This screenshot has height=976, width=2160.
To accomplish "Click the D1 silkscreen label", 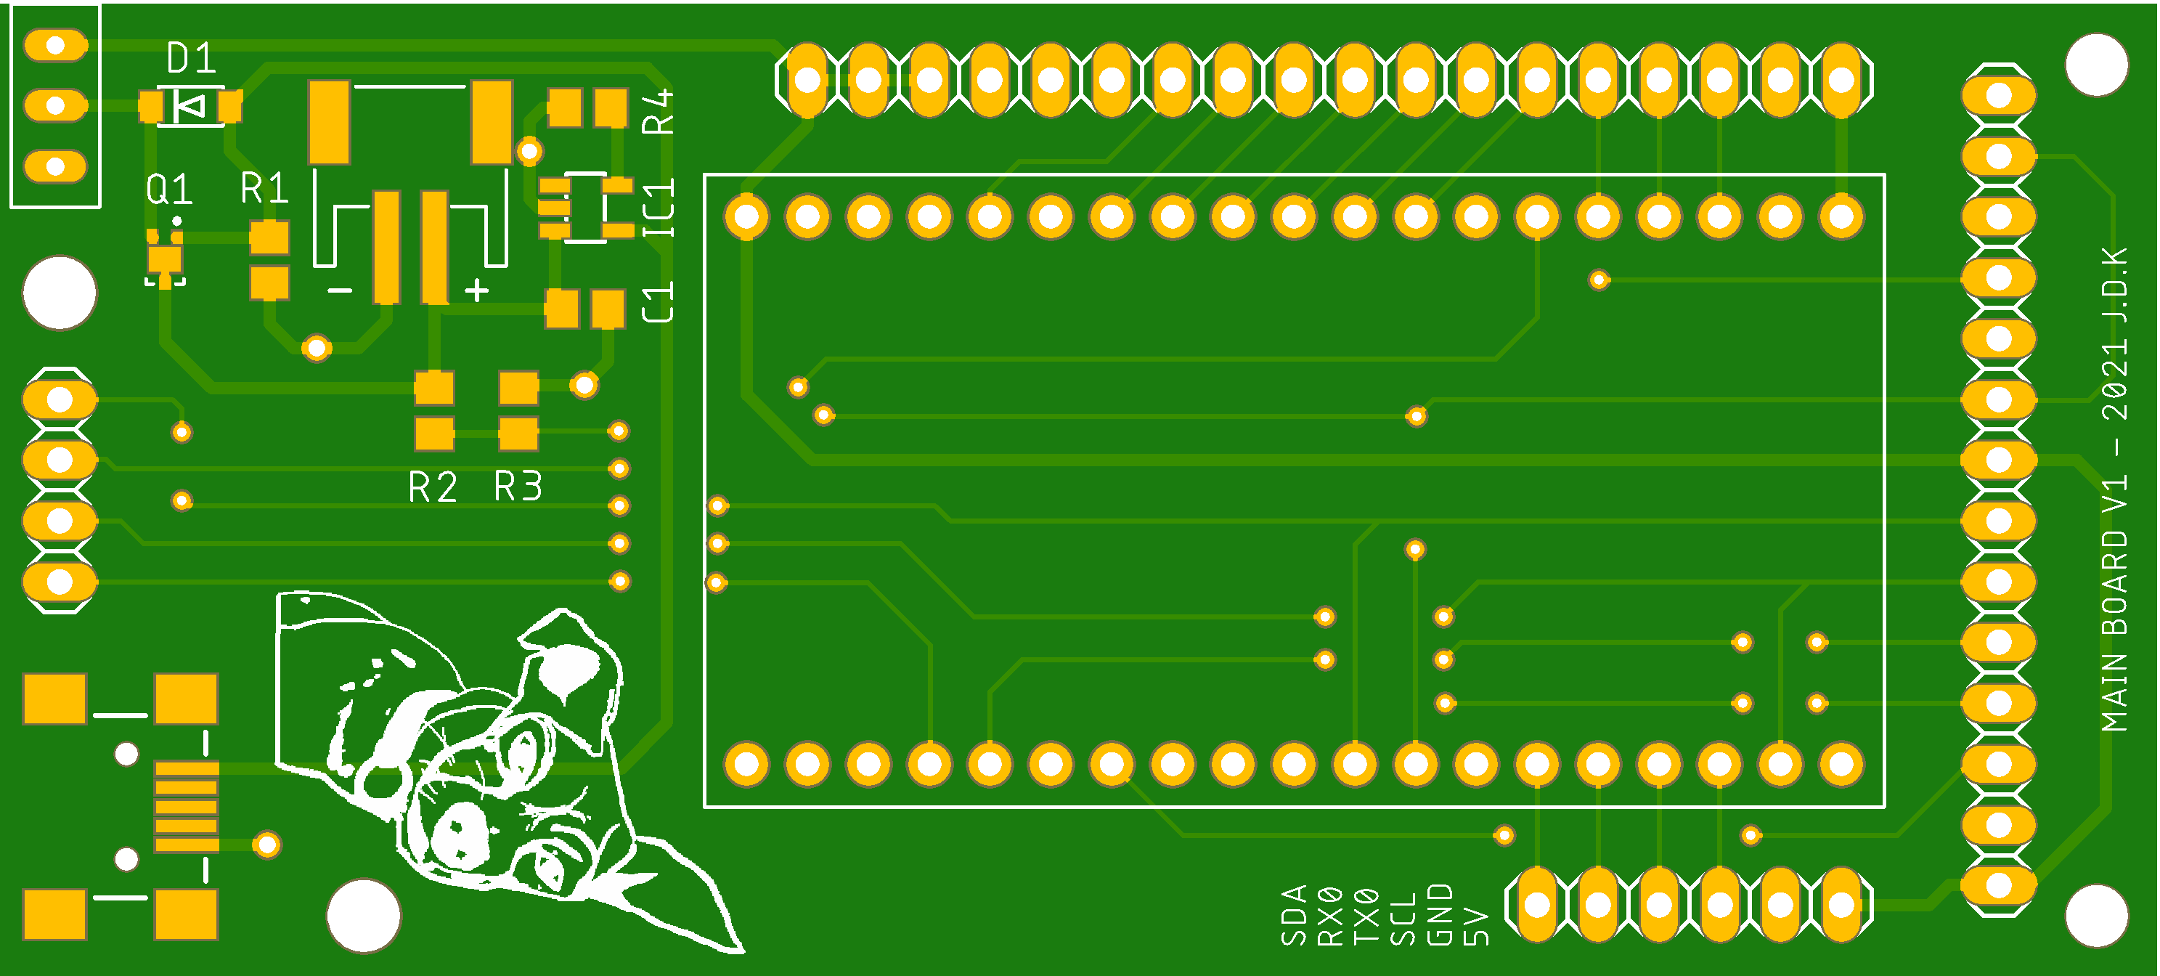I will coord(191,59).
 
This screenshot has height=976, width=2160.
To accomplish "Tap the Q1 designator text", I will coord(169,190).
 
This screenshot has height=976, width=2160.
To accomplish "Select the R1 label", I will coord(264,188).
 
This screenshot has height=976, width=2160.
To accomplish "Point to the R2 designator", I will coord(433,487).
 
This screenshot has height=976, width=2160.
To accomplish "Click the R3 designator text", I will coord(518,487).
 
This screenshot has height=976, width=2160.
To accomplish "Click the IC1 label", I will coord(659,208).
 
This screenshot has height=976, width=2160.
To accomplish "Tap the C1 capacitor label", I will coord(659,303).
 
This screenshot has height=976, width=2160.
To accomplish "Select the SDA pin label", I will coord(1294,915).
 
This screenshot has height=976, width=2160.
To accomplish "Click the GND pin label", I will coord(1440,915).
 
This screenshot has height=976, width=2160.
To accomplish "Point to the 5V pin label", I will coord(1476,926).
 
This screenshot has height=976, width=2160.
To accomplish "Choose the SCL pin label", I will coord(1403,919).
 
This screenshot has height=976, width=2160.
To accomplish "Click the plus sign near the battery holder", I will coord(476,290).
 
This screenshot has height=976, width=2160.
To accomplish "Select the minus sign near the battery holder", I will coord(340,291).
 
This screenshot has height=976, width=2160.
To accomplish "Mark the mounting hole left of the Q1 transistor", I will coord(60,293).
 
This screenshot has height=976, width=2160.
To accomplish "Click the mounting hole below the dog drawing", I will coord(363,916).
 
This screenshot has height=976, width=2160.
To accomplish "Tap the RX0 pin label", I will coord(1330,916).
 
